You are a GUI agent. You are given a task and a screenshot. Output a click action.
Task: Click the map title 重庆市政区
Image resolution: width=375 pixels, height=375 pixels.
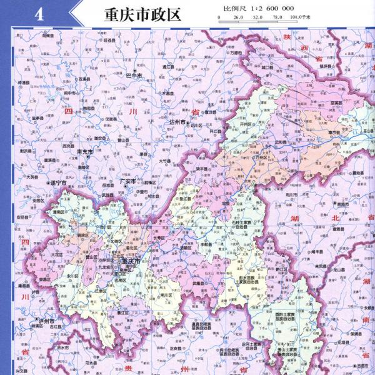coord(134,14)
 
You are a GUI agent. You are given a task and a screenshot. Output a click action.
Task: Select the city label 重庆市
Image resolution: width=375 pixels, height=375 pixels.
coord(132,261)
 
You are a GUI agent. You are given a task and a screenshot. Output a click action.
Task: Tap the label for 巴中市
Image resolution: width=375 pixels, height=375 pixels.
coord(134,76)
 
